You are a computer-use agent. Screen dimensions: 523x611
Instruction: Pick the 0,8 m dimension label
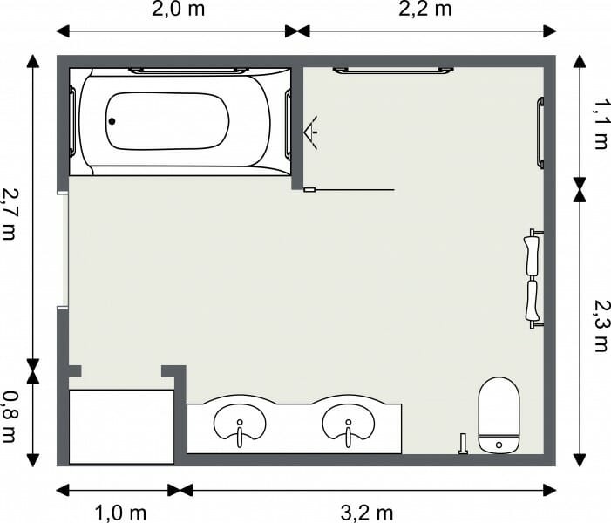tap(10, 417)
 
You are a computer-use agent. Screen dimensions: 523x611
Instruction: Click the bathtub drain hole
tap(112, 122)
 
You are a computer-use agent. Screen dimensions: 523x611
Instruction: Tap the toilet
tap(499, 416)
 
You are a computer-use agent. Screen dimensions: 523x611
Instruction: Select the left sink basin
tap(239, 424)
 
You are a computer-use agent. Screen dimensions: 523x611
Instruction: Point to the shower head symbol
tap(309, 132)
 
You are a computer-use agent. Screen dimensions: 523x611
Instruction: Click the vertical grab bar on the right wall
tap(540, 132)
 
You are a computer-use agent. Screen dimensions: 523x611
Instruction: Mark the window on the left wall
tap(63, 250)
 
